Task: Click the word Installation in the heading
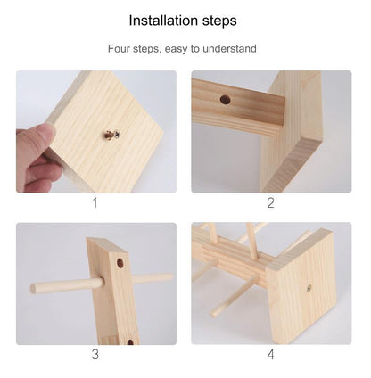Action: coord(164,21)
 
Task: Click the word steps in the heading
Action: coord(220,21)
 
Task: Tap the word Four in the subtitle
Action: coord(118,48)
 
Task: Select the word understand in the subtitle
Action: coord(229,48)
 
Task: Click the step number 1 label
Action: coord(95,203)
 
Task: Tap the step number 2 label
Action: coord(270,203)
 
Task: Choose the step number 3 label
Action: coord(95,355)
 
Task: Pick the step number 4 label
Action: coord(270,355)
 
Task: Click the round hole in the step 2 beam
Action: coord(226,100)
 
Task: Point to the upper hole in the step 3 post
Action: coord(120,263)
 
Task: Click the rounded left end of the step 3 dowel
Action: coord(33,289)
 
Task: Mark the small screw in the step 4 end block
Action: coord(309,287)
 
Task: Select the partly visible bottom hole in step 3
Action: coord(130,341)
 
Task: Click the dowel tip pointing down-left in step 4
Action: coord(213,314)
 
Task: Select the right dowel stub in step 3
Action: coord(152,279)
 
